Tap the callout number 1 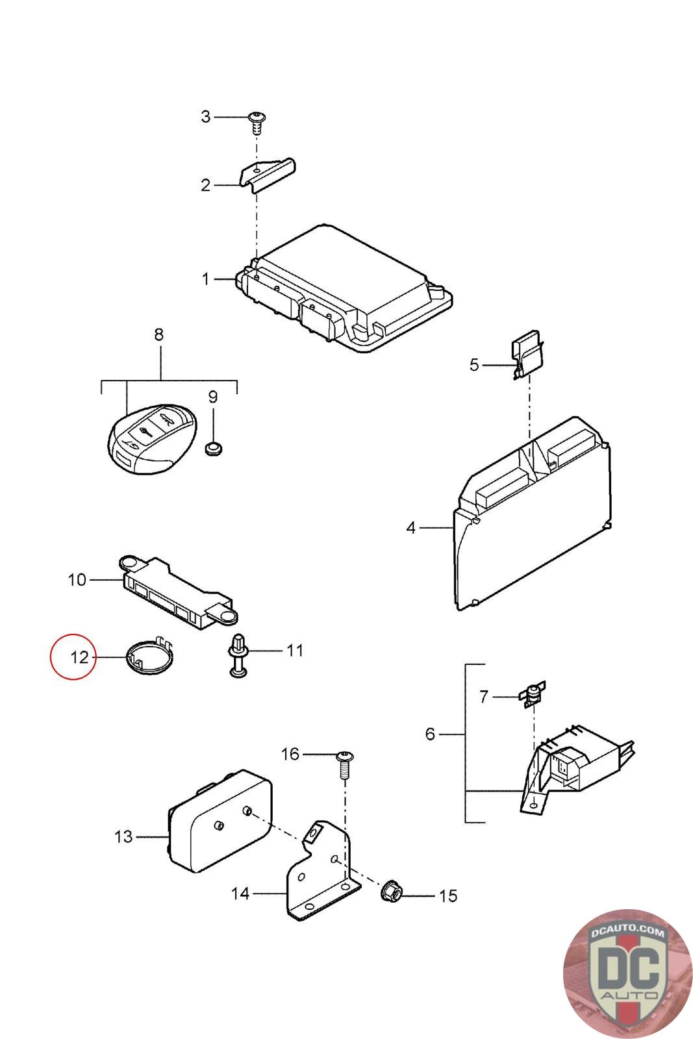206,279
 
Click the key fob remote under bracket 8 151,437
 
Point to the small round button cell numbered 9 213,447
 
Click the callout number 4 410,528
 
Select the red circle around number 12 73,656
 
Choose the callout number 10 77,579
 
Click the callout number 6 430,734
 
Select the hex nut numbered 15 392,890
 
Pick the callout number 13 123,837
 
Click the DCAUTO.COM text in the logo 628,933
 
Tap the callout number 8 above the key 158,335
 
